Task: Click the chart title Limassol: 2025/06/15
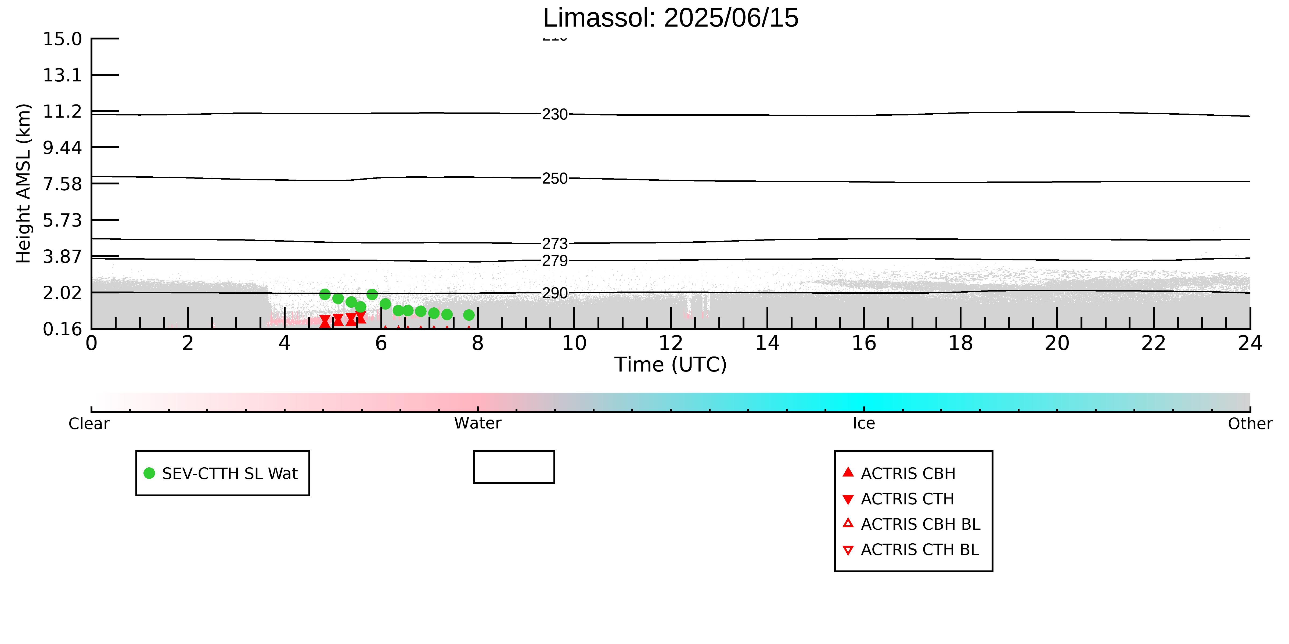[671, 18]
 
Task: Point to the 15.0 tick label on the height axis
[62, 38]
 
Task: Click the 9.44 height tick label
[62, 147]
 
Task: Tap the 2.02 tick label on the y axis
[62, 293]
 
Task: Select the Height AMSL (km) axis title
[24, 184]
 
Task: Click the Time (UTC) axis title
[671, 365]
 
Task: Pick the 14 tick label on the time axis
[767, 344]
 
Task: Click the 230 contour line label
[555, 115]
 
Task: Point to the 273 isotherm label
[555, 243]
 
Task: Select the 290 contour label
[555, 293]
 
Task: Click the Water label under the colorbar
[477, 424]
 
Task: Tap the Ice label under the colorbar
[864, 424]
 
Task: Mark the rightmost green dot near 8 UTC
[468, 315]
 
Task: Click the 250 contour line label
[555, 179]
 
